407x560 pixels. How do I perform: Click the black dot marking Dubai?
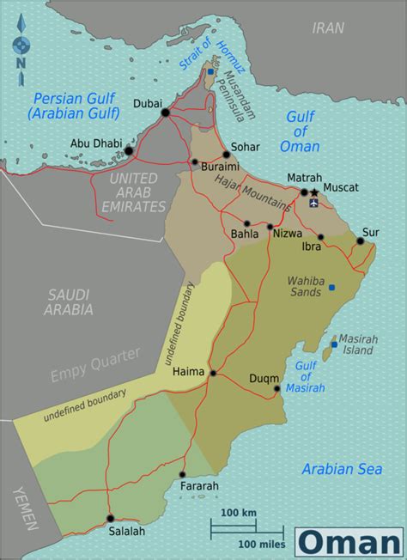166,112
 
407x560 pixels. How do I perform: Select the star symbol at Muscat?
314,192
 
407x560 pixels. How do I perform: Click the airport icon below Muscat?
313,204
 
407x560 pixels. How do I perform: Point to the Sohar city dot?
226,155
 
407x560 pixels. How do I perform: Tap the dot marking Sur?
361,241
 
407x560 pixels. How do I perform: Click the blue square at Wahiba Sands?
331,286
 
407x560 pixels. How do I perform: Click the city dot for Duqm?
277,388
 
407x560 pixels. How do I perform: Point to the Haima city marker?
212,374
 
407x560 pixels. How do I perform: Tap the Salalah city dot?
110,518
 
